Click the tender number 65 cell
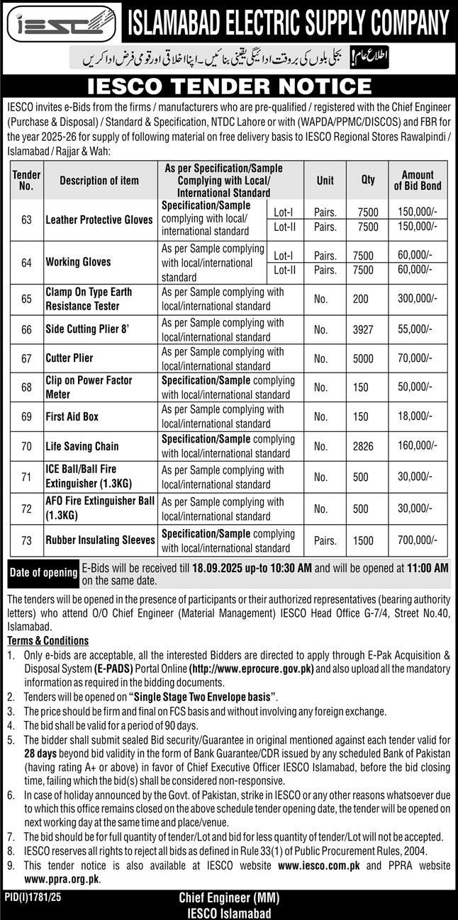pos(27,299)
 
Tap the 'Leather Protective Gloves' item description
pos(99,220)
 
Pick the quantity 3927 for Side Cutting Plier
pos(361,329)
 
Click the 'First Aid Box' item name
pos(72,416)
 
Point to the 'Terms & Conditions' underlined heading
pos(48,640)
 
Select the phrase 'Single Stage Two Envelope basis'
pos(203,697)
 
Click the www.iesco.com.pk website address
pos(311,865)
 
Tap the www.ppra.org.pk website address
pos(62,879)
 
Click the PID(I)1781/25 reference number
pos(34,897)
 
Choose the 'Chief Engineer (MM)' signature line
pos(229,898)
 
